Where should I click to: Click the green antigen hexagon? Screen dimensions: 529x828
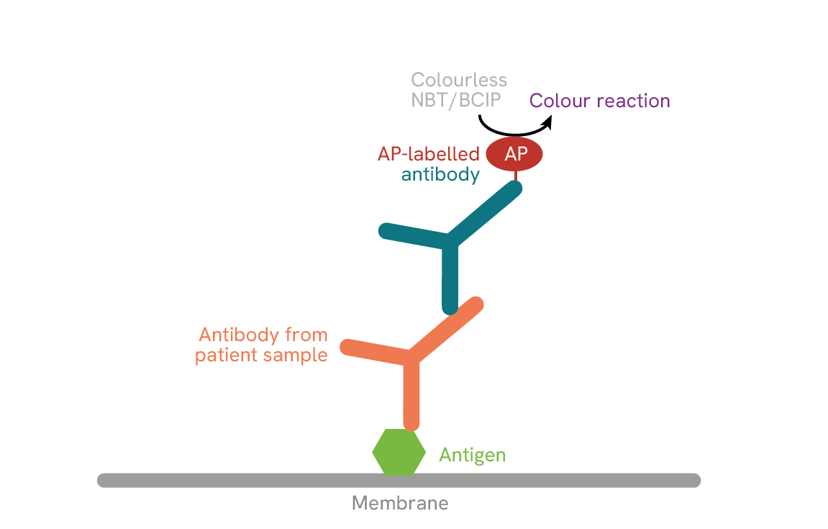pos(399,452)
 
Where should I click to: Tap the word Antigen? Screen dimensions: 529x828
pos(472,455)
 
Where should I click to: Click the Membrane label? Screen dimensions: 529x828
pos(400,503)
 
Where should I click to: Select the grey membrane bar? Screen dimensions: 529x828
pos(216,480)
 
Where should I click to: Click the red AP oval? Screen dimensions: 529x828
pos(514,154)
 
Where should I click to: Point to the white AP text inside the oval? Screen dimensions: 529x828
pos(515,154)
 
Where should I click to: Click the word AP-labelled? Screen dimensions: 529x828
pos(429,154)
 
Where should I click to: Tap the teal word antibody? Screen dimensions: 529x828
pos(440,175)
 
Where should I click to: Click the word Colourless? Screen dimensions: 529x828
pos(459,80)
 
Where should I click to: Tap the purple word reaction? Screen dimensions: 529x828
pos(632,101)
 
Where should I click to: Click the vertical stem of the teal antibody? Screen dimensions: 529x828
pos(450,281)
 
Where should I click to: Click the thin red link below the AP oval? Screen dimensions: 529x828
pos(515,176)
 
